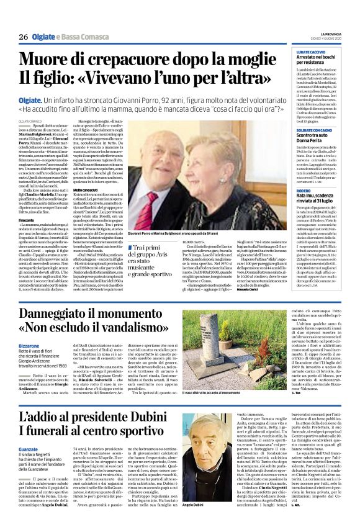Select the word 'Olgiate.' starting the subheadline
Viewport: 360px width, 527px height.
click(x=30, y=99)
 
